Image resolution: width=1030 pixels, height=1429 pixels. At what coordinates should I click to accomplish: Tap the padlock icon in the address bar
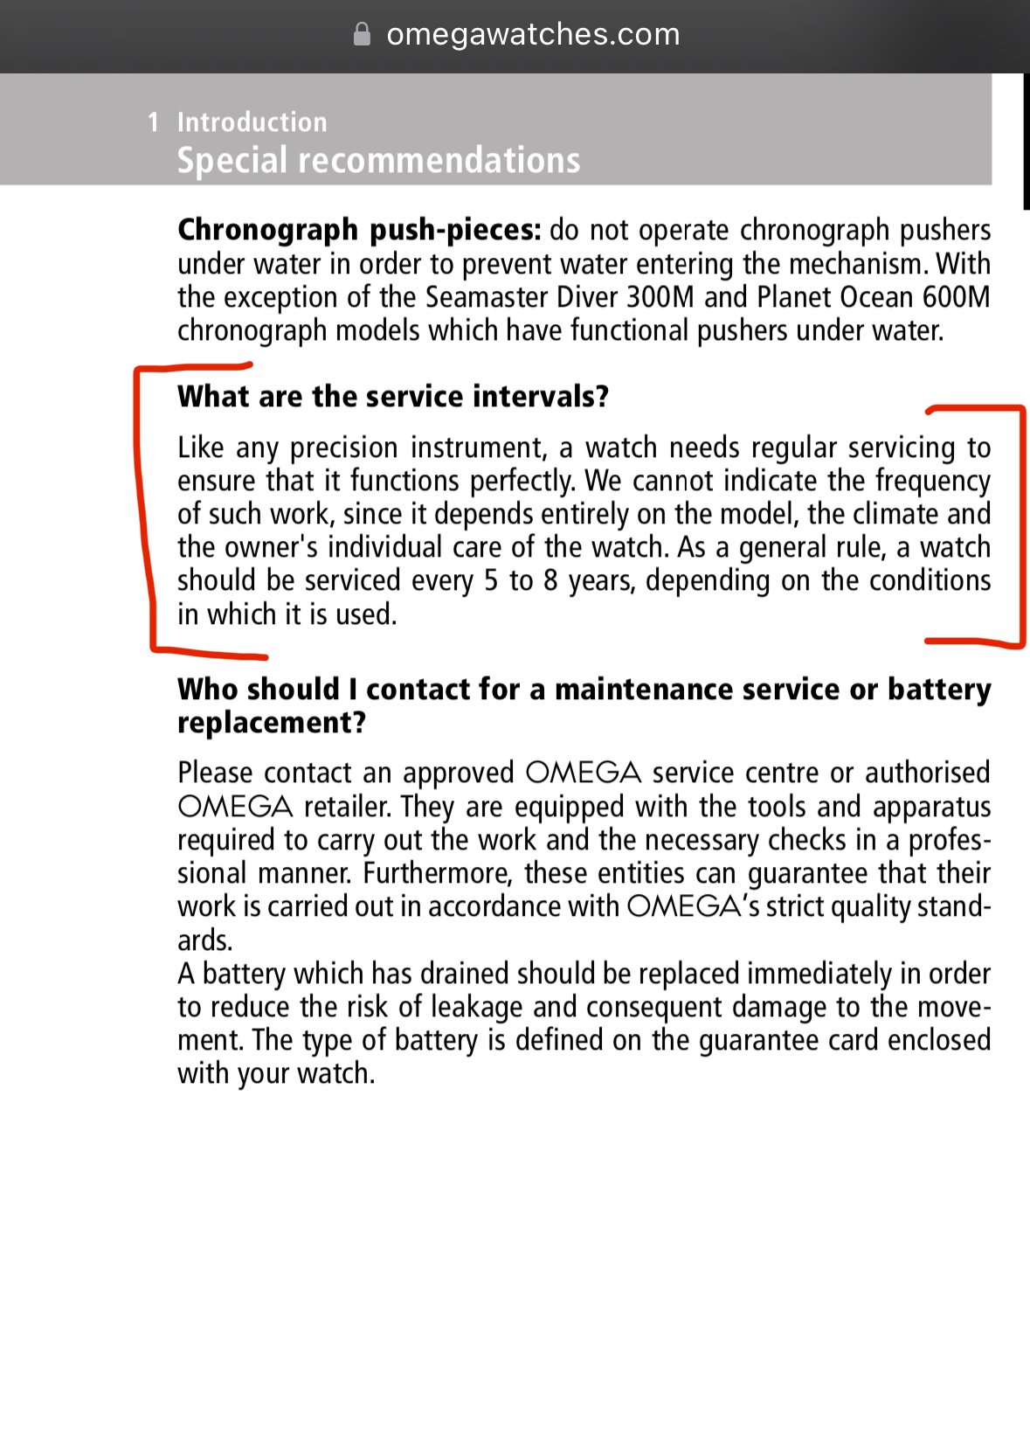click(362, 34)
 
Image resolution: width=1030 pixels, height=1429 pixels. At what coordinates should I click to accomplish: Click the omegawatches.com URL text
click(533, 34)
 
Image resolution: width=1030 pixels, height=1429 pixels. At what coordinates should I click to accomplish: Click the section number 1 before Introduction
click(154, 121)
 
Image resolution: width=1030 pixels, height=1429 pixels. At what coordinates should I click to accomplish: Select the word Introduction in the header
click(252, 121)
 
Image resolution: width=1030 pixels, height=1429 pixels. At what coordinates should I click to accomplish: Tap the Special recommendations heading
click(378, 160)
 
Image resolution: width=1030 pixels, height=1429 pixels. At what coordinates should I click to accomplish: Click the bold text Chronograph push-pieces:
click(359, 229)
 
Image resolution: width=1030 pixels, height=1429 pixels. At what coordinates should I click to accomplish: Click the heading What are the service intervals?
click(393, 396)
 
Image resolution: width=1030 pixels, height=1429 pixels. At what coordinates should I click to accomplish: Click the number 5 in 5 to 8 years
click(491, 580)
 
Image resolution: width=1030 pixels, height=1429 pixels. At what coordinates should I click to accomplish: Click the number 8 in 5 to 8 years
click(550, 580)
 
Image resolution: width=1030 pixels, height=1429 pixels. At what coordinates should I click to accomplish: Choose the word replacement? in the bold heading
click(272, 723)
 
